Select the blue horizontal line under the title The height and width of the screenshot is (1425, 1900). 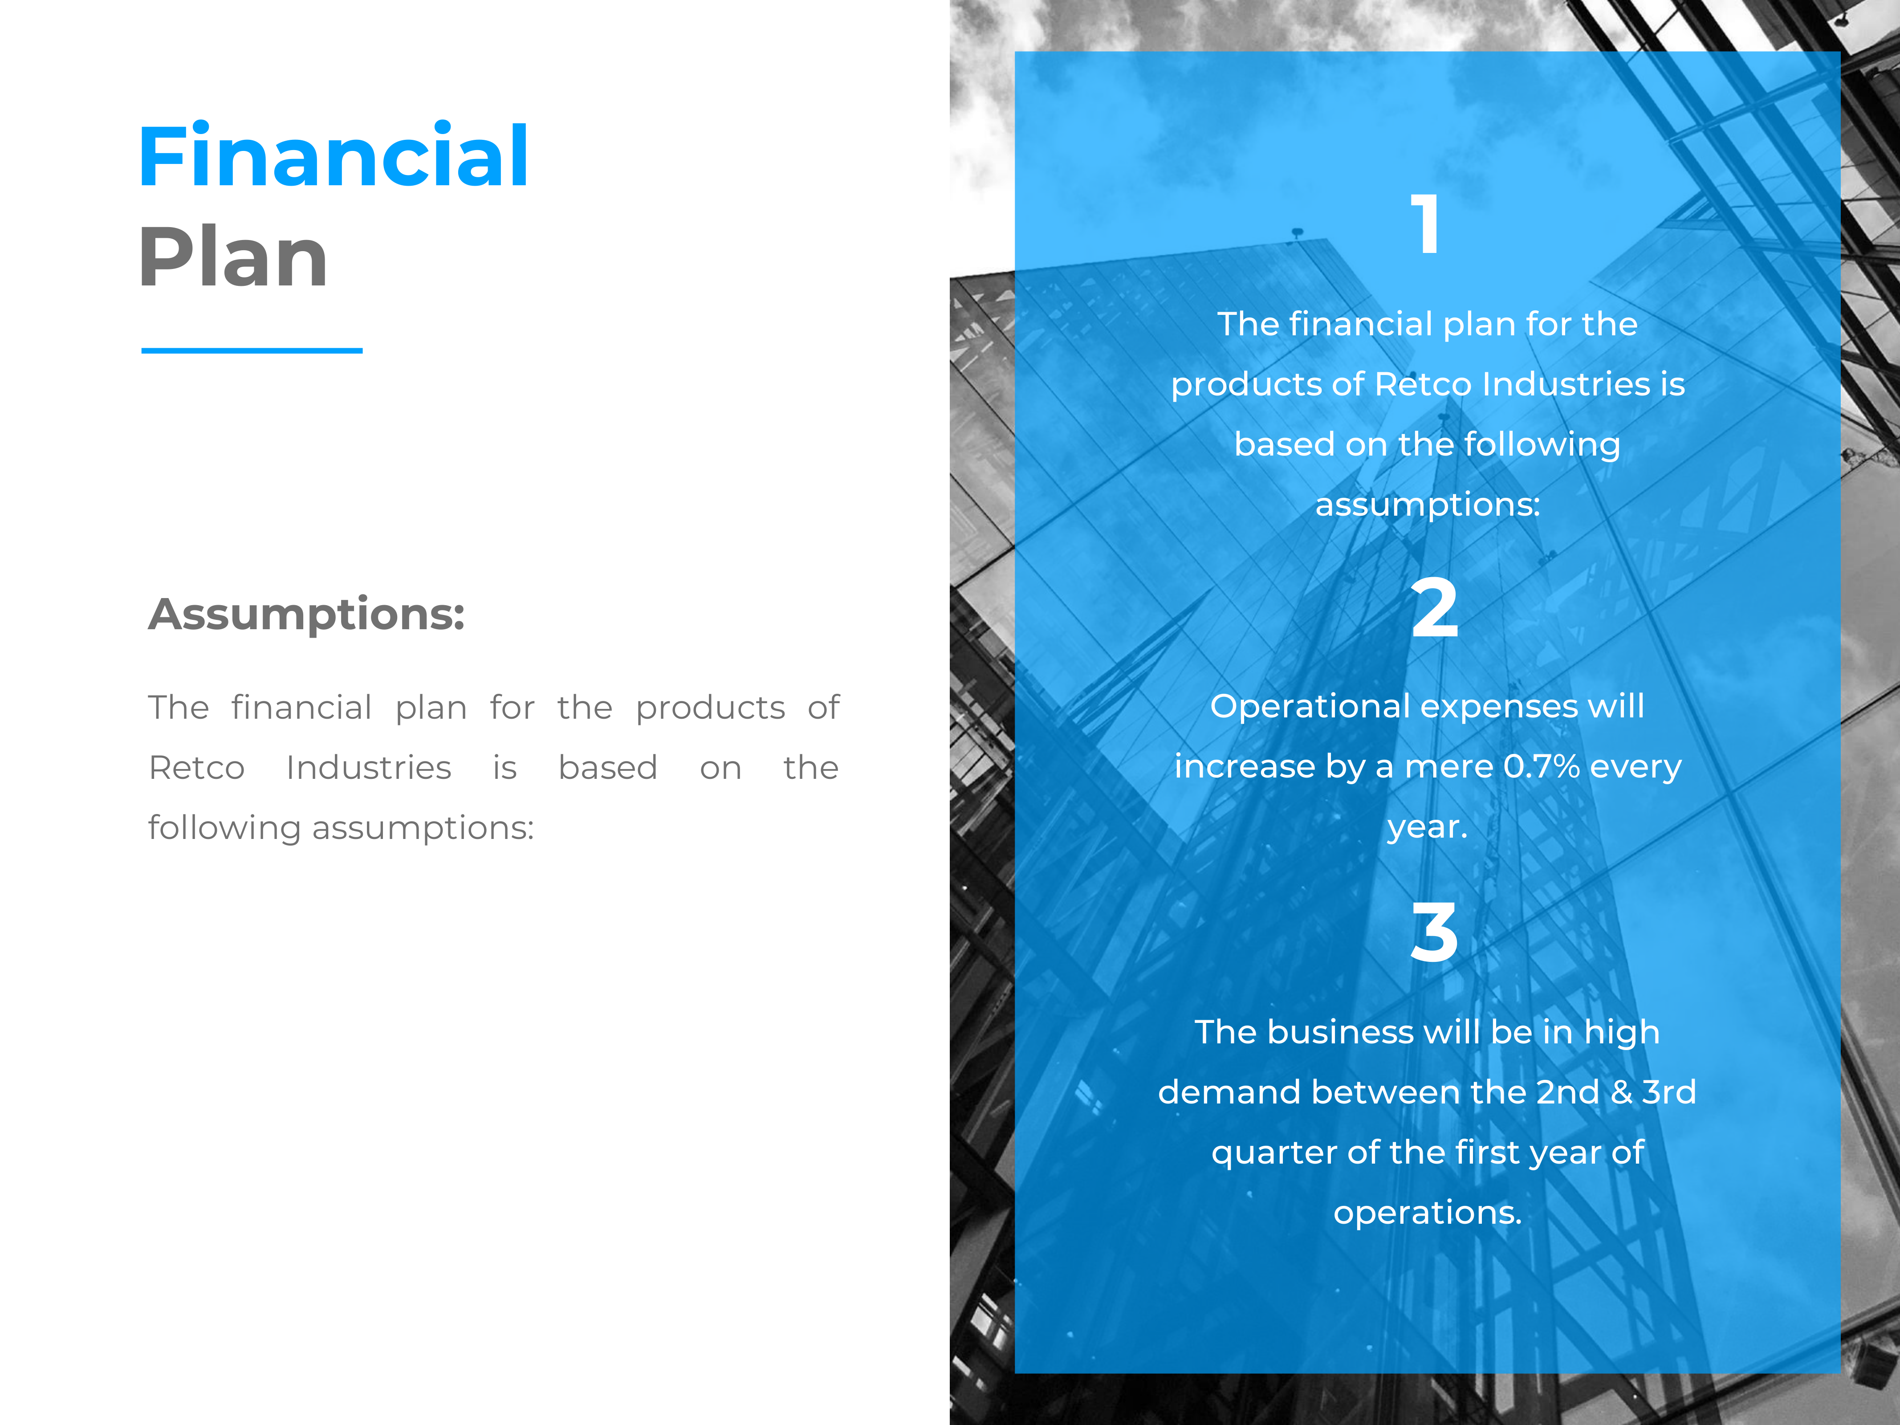coord(252,350)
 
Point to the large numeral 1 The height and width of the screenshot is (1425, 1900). coord(1426,224)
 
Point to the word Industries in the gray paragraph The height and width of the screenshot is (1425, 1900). coord(369,767)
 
